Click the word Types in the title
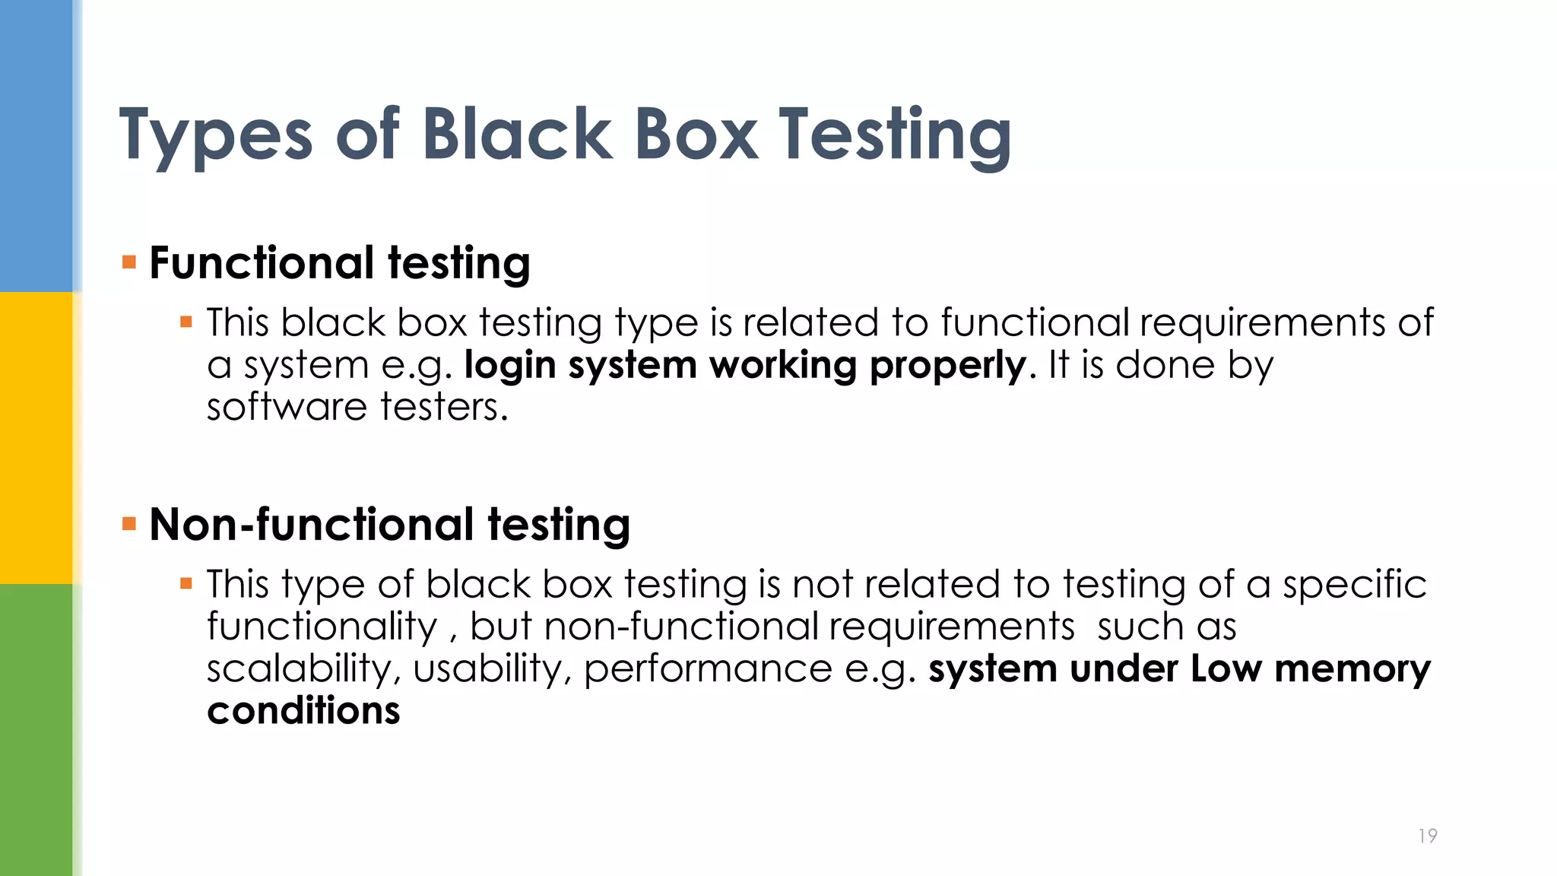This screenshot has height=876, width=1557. click(216, 135)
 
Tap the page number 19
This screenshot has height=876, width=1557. click(1427, 836)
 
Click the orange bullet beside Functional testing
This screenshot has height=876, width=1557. click(129, 263)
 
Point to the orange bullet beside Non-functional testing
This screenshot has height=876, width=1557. click(129, 524)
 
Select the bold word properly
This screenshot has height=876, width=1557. click(948, 366)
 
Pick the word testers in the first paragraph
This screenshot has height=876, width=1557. click(443, 407)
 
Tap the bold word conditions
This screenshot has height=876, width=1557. click(303, 711)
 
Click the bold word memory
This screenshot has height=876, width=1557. click(1352, 669)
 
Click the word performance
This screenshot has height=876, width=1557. click(708, 669)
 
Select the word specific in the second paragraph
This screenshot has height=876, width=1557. click(1354, 585)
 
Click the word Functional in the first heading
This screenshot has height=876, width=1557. click(262, 263)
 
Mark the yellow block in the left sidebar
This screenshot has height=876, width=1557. click(36, 438)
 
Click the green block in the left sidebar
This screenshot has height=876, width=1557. click(36, 730)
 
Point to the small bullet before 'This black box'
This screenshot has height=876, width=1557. click(186, 322)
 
